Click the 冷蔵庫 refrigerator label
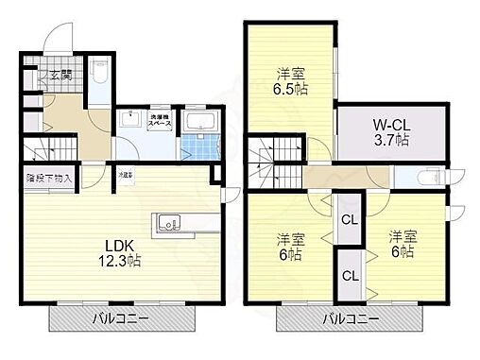coord(126,176)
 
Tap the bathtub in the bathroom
coord(200,122)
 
